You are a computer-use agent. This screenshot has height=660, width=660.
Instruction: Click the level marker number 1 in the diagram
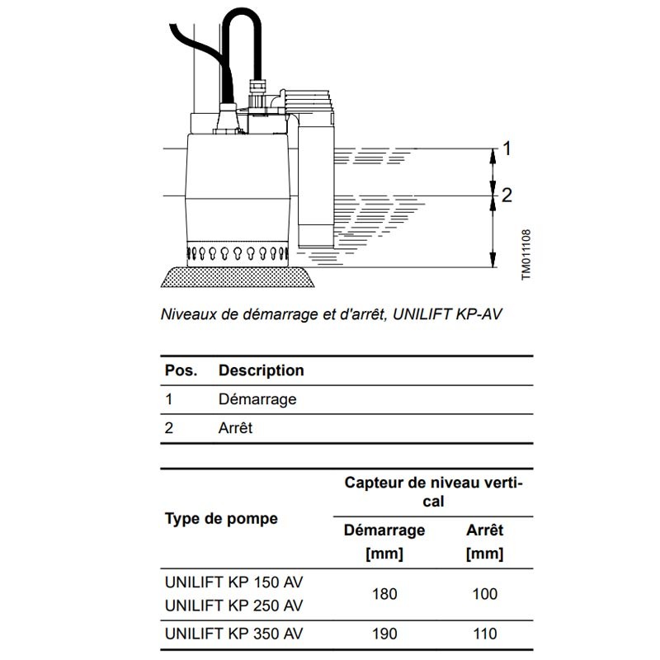(x=507, y=148)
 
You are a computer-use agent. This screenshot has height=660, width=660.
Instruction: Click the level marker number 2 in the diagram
(x=507, y=196)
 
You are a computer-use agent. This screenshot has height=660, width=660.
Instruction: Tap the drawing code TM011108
(x=526, y=255)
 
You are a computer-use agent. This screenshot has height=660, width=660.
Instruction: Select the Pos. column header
(x=181, y=370)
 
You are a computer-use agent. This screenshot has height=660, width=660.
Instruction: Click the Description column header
(x=261, y=370)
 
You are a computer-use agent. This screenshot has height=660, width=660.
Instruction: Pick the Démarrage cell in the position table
(x=257, y=399)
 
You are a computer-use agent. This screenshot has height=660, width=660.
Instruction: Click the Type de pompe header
(x=221, y=519)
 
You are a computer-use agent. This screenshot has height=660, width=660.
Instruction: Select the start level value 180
(x=384, y=594)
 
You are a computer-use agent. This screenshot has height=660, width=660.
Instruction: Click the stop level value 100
(x=484, y=594)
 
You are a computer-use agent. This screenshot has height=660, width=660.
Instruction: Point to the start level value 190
(x=384, y=634)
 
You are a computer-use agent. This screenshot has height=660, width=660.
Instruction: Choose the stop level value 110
(x=484, y=634)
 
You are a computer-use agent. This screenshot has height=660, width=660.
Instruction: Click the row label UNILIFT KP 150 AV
(x=234, y=581)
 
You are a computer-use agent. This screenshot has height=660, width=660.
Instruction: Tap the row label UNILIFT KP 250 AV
(x=234, y=606)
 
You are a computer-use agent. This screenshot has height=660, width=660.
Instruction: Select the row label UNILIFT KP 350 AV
(x=234, y=634)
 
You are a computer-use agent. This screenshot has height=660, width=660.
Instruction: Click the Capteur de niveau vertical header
(x=433, y=492)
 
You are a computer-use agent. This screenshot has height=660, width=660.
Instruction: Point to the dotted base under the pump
(x=239, y=278)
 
